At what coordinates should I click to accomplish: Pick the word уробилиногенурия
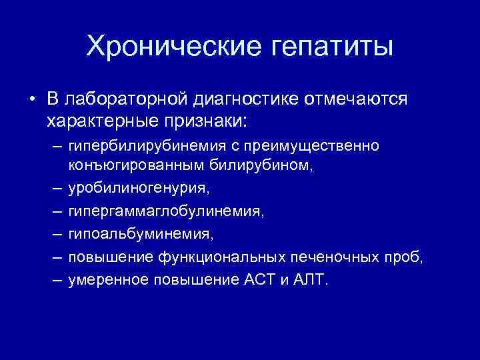[137, 190]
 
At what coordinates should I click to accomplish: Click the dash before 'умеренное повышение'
[54, 279]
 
